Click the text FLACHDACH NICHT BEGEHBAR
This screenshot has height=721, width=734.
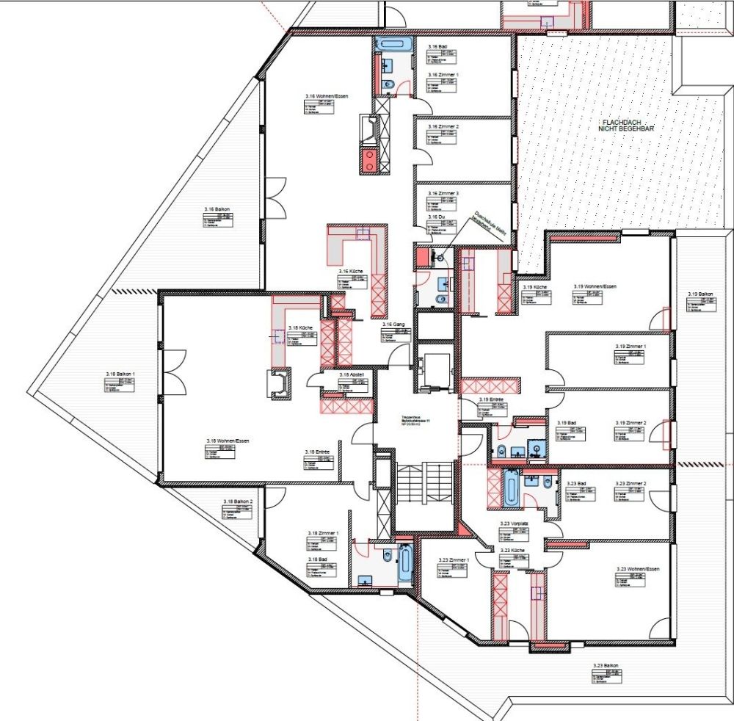pyautogui.click(x=625, y=124)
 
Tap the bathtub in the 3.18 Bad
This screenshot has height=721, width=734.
pyautogui.click(x=404, y=563)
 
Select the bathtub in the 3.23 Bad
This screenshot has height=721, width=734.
pyautogui.click(x=509, y=487)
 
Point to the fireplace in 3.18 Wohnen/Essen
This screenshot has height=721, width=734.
pyautogui.click(x=280, y=381)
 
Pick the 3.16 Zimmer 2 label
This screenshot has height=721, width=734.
pyautogui.click(x=443, y=127)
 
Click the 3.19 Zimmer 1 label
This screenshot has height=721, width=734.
pyautogui.click(x=631, y=345)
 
